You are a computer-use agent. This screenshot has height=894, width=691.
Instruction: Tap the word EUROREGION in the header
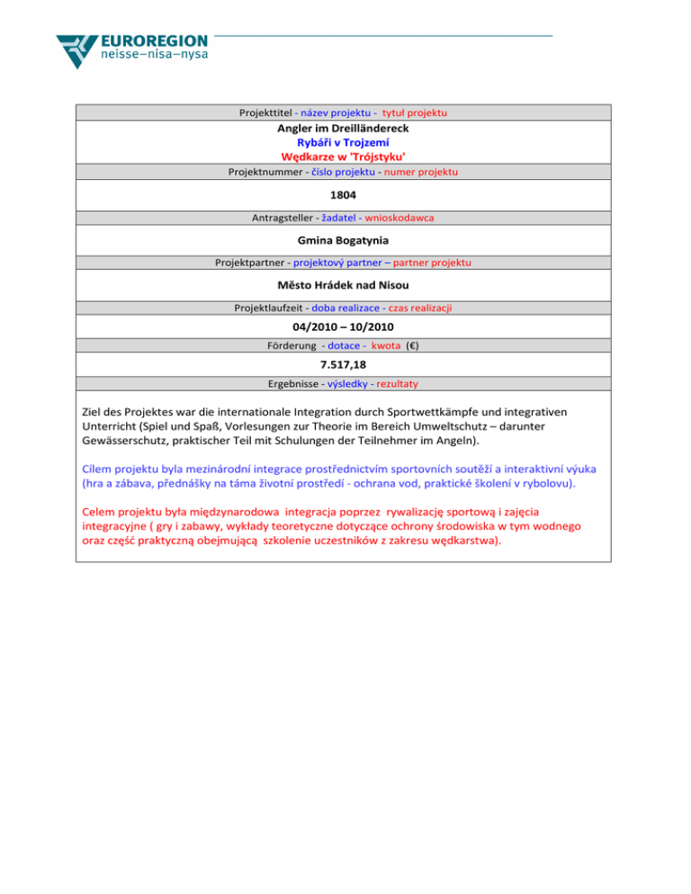click(x=156, y=41)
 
